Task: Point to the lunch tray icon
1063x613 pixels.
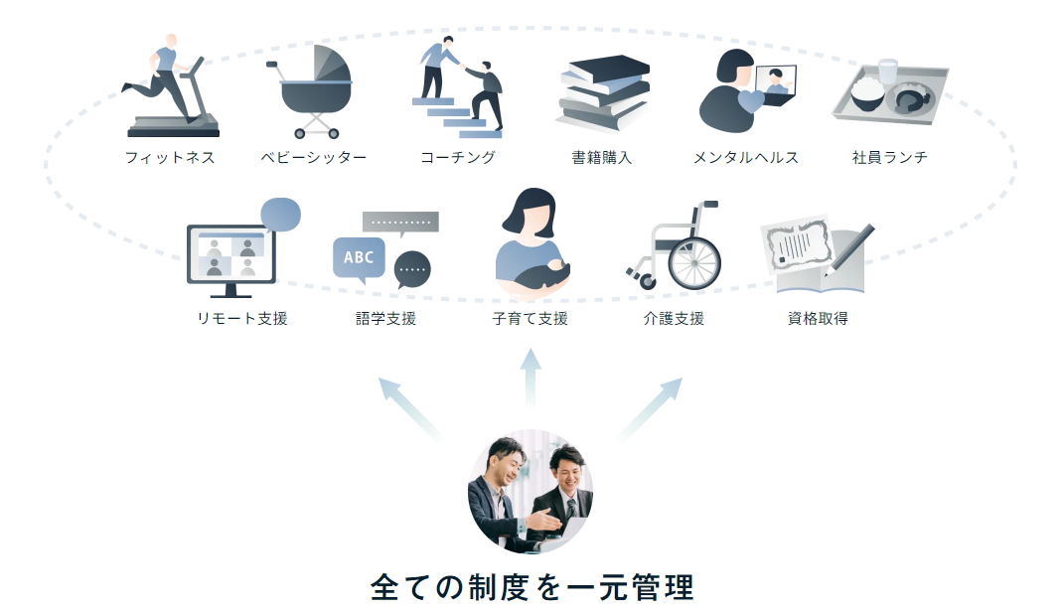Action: coord(890,92)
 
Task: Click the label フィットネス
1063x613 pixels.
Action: coord(170,157)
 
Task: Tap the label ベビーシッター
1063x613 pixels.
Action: coord(314,157)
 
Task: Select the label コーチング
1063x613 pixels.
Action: coord(457,157)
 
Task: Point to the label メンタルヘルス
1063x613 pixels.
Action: coord(745,157)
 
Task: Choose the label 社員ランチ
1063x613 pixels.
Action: coord(889,157)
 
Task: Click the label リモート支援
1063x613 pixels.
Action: coord(241,319)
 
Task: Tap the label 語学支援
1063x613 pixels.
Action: coord(385,319)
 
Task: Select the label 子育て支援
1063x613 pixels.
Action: coord(530,319)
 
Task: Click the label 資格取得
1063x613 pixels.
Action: coord(818,319)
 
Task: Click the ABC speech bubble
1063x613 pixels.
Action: coord(358,258)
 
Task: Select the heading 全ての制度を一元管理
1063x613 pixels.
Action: coord(531,586)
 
